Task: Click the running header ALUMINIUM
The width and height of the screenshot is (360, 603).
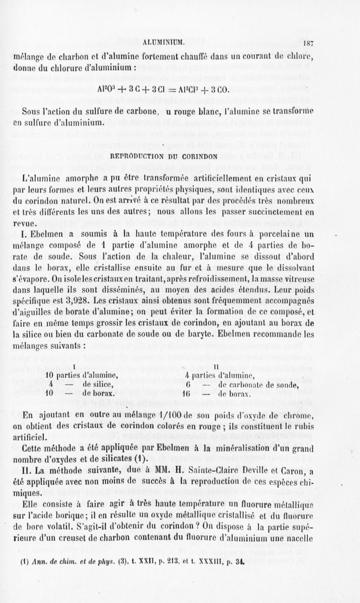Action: coord(167,44)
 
